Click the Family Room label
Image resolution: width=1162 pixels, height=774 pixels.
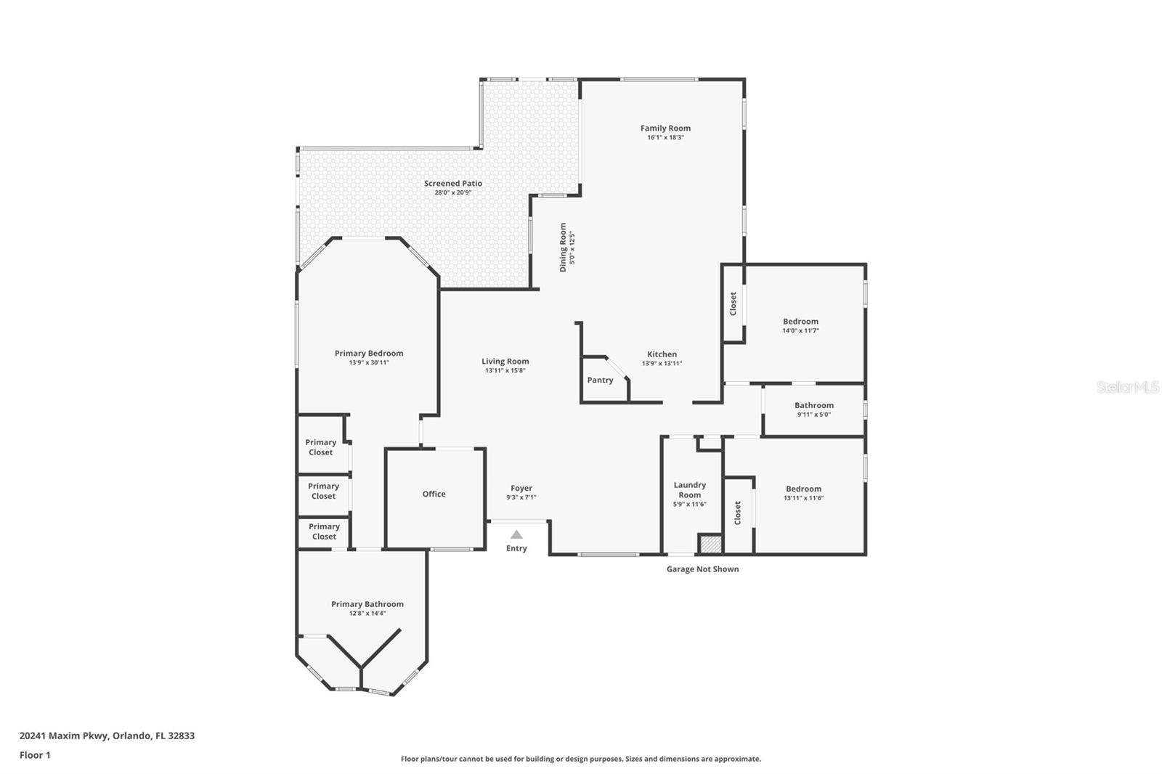point(665,128)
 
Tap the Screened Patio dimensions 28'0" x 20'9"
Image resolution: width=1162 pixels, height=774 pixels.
point(453,192)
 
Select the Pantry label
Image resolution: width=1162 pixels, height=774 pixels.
point(600,380)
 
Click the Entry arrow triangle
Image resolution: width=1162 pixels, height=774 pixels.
point(516,534)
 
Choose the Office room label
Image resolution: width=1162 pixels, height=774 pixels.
point(434,494)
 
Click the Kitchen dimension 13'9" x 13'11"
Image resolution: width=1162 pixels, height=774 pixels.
point(662,364)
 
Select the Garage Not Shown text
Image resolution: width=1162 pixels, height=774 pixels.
point(702,569)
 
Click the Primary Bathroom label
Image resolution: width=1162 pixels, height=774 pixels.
point(367,604)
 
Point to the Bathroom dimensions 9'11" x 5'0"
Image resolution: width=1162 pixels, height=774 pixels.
point(814,415)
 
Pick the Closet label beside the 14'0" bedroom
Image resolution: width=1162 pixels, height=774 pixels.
point(733,304)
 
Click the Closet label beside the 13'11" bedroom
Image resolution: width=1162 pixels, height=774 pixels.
point(738,513)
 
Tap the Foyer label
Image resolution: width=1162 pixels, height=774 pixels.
point(521,488)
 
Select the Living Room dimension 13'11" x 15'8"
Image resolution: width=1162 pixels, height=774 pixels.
point(505,371)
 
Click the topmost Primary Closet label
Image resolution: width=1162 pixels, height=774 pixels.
point(320,447)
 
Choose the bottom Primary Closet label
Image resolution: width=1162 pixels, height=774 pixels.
point(324,531)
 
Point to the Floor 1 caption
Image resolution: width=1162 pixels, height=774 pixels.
point(35,755)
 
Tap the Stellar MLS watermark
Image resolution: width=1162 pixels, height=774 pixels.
point(1128,387)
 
